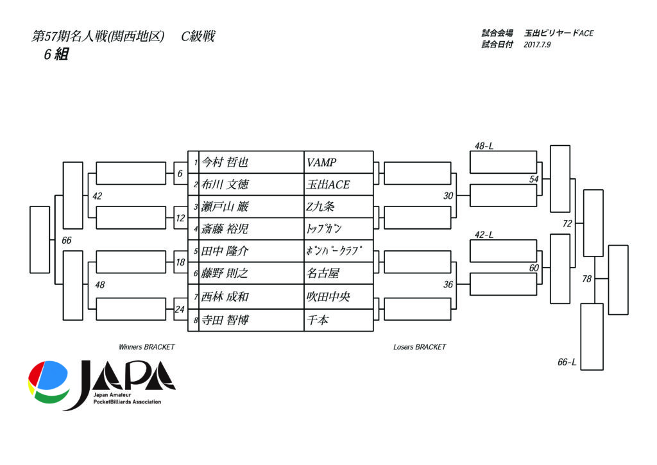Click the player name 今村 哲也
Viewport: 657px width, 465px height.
(224, 162)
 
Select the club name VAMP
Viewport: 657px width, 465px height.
(321, 162)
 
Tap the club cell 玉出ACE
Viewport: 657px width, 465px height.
(328, 185)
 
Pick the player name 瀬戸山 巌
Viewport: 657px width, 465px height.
(224, 207)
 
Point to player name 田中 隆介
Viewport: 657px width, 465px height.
(224, 251)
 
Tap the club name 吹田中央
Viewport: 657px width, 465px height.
(328, 297)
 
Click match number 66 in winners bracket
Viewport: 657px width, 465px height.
(67, 240)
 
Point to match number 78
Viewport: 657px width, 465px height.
(586, 279)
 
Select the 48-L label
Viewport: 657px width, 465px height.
(484, 146)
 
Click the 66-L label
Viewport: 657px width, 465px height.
(567, 362)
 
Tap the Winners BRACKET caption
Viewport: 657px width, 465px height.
(146, 347)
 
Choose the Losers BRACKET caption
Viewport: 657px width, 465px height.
(420, 347)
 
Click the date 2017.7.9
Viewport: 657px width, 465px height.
(538, 45)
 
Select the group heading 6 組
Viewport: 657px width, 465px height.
(56, 55)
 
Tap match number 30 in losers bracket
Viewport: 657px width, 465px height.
(448, 196)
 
